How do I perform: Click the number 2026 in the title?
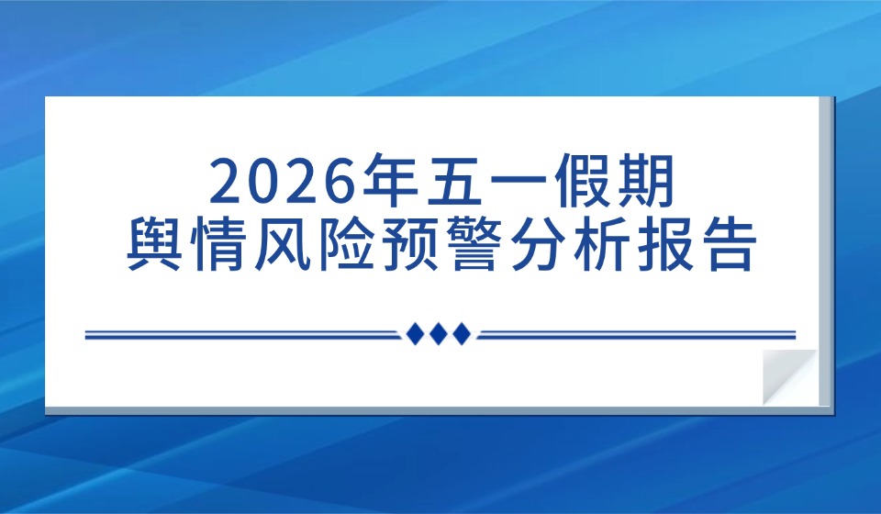[x=284, y=182]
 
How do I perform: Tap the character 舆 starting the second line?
[x=154, y=245]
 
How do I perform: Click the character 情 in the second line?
[x=218, y=245]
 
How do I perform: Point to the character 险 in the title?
[x=346, y=245]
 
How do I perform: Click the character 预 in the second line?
[x=410, y=245]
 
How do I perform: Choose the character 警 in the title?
[x=474, y=245]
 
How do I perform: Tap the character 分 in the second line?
[x=539, y=245]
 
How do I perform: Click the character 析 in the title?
[x=603, y=245]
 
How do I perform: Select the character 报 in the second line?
[x=667, y=245]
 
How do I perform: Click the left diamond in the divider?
[x=415, y=334]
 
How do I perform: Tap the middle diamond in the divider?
[x=439, y=334]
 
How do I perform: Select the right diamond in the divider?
[x=462, y=334]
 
